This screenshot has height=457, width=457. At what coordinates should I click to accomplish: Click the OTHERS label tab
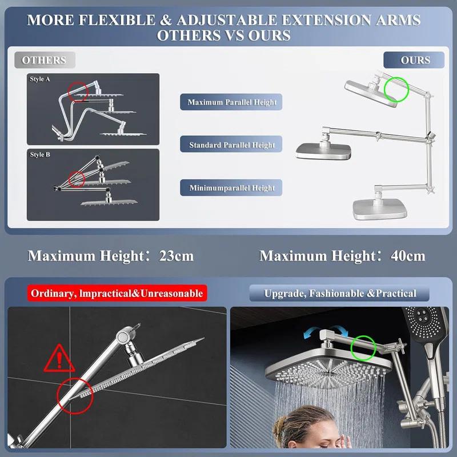point(44,60)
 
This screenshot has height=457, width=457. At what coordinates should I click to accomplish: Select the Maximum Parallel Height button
point(232,103)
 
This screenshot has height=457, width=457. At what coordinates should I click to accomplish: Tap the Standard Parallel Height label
point(232,145)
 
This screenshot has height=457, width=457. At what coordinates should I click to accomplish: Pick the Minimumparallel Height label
point(232,187)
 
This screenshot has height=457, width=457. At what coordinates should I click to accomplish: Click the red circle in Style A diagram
point(78,90)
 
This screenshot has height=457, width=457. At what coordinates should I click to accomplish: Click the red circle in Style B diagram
point(77,179)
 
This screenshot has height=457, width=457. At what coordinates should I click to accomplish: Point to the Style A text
point(40,79)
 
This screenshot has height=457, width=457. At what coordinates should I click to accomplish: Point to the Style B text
point(40,154)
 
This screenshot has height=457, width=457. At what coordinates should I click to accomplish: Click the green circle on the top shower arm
point(395,89)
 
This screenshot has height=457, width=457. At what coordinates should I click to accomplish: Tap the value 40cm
point(407,255)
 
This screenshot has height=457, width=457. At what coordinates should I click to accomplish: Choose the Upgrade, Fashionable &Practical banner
point(340,294)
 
